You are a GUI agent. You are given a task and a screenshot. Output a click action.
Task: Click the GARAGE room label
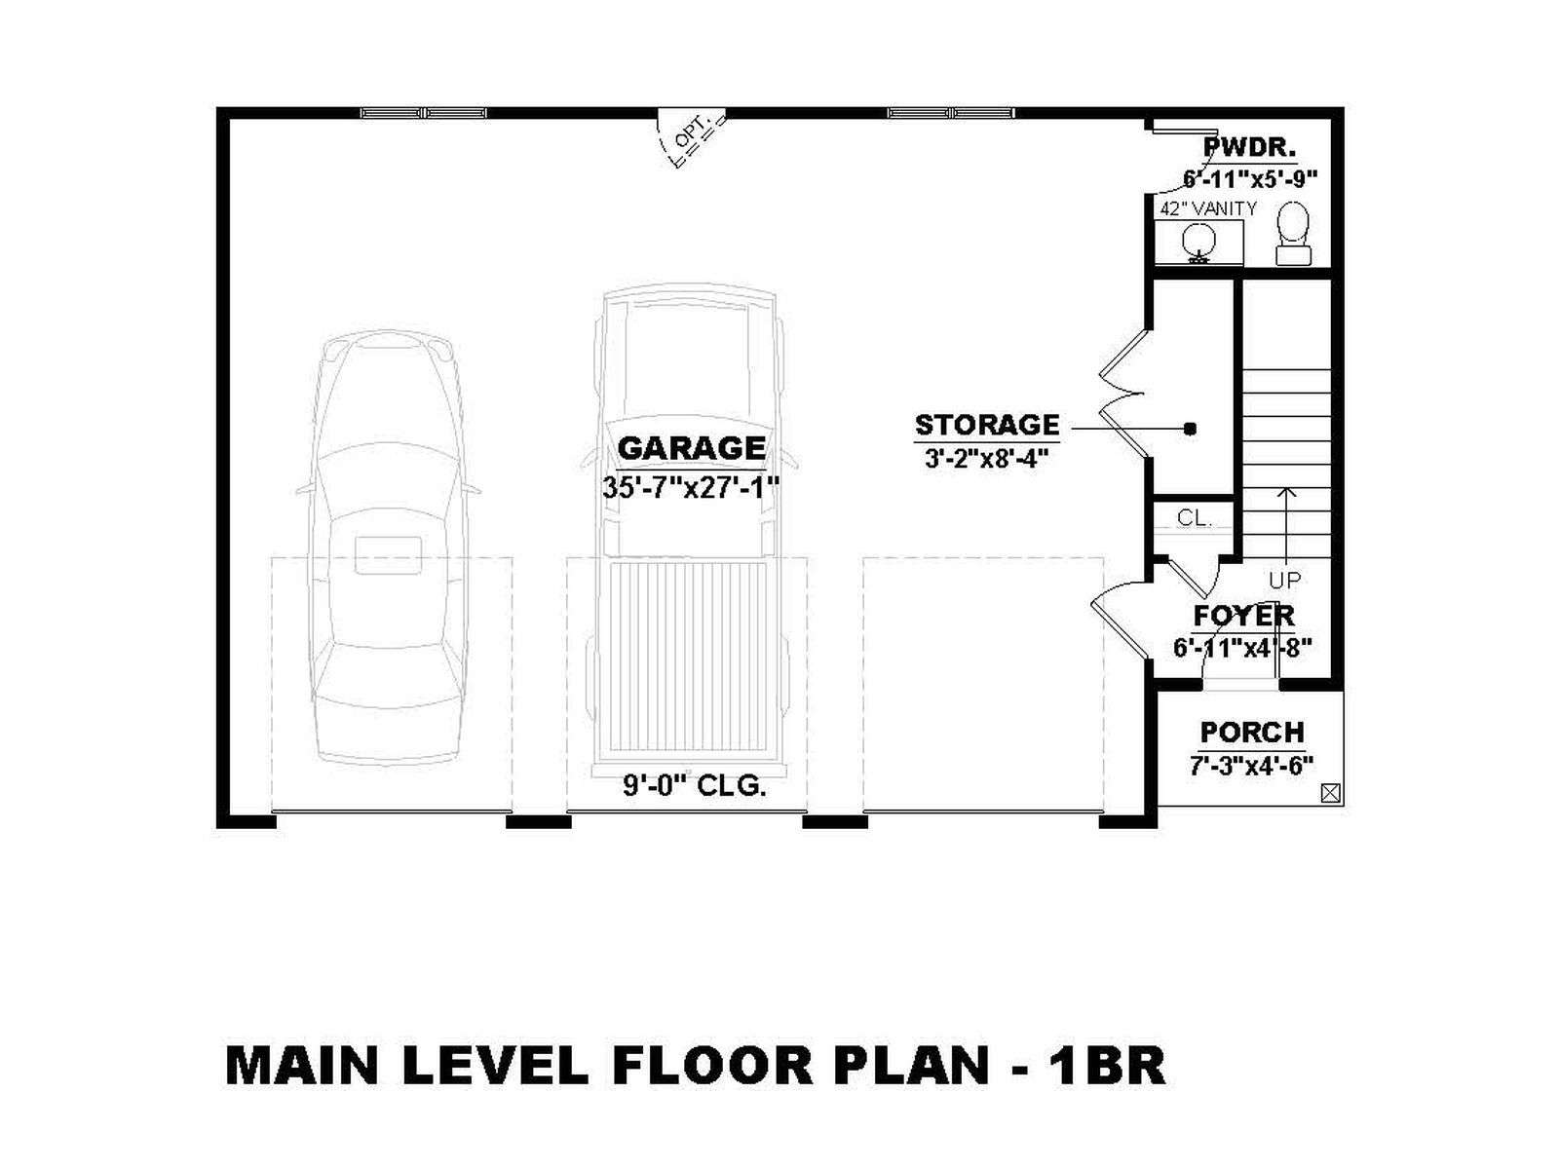coord(691,448)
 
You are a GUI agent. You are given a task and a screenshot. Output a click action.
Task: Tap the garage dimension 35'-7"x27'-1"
coord(691,488)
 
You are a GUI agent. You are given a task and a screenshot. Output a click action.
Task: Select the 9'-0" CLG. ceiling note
coord(695,786)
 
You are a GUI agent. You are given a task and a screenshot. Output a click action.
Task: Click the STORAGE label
coord(986,425)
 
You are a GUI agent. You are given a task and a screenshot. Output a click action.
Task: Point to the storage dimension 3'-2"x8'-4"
coord(986,459)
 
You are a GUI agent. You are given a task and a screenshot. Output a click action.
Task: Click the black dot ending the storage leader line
coord(1191,429)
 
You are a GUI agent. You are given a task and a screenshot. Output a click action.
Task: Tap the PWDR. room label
coord(1251,148)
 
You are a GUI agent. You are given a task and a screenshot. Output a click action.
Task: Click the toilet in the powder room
coord(1293,234)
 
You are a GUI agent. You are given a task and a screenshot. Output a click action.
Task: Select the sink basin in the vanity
coord(1198,242)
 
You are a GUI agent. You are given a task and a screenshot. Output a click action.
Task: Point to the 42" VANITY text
coord(1208,208)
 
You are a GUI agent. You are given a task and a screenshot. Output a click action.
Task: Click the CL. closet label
coord(1194,518)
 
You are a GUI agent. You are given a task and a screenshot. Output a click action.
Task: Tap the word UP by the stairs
coord(1285,581)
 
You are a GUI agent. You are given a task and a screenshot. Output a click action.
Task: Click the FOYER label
coord(1243,616)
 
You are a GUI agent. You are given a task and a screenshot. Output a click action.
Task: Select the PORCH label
coord(1252,732)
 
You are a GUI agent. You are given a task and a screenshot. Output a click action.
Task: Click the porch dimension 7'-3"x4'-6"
coord(1252,766)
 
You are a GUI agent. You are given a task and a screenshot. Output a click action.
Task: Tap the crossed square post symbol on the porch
coord(1330,794)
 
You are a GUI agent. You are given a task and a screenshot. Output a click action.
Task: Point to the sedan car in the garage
coord(388,548)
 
